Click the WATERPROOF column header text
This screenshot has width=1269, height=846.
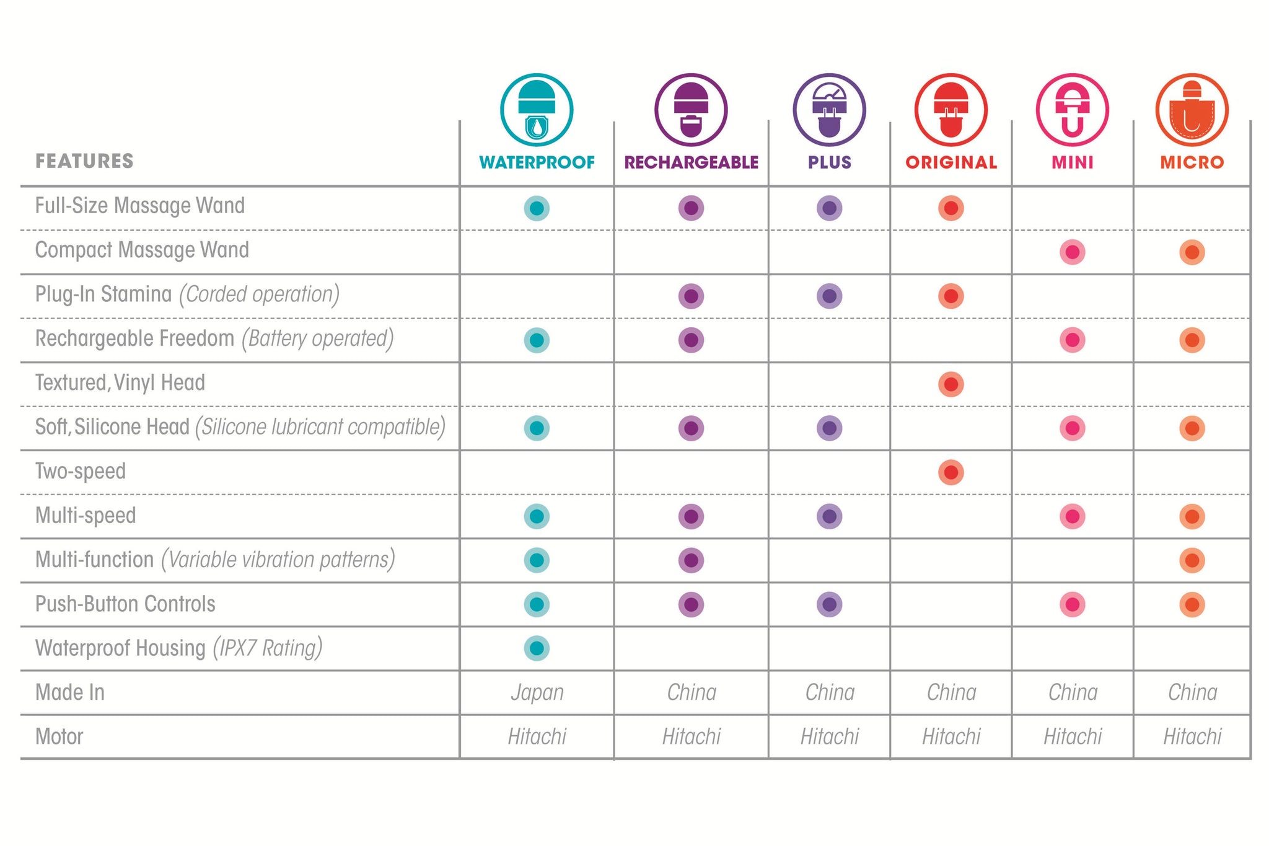(x=537, y=162)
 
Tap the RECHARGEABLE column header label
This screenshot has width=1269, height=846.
(x=691, y=162)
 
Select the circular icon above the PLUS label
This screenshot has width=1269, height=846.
(x=829, y=110)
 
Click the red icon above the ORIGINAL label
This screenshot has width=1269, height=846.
(x=951, y=110)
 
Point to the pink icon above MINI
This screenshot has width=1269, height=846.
(x=1072, y=110)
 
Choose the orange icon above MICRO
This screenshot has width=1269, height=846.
(x=1192, y=110)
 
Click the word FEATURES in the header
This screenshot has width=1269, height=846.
(x=84, y=161)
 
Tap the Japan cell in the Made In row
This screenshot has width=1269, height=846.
(x=537, y=692)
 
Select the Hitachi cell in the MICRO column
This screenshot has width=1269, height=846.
(x=1192, y=736)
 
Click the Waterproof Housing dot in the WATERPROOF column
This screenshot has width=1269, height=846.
(x=537, y=648)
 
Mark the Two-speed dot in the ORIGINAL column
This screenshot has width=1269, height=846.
(x=951, y=472)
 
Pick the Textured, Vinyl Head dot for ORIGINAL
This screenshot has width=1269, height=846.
(x=951, y=384)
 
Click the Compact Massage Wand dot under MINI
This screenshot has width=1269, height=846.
(x=1072, y=252)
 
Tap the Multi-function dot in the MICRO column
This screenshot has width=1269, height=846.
(x=1192, y=560)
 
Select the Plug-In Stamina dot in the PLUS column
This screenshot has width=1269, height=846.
(x=829, y=296)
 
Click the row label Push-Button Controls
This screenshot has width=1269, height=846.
(x=125, y=604)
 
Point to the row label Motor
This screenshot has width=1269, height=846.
(x=59, y=736)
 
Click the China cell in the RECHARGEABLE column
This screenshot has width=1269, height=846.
(x=692, y=692)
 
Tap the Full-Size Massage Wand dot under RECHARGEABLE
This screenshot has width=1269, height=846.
(x=691, y=208)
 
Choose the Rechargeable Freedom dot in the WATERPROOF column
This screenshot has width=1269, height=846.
(x=537, y=340)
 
